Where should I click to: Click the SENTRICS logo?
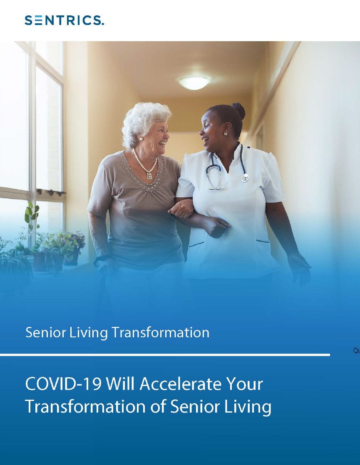[65, 20]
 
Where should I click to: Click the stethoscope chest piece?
[245, 178]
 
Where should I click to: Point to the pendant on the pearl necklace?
[149, 175]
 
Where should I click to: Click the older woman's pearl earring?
[141, 139]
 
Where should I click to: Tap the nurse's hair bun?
[239, 110]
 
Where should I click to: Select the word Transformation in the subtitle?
[160, 332]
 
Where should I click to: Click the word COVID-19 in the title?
[64, 384]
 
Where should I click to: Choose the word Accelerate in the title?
[181, 384]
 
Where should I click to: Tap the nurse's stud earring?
[226, 134]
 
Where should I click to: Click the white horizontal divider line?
[165, 355]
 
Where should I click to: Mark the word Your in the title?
[245, 384]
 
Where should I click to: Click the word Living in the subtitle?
[89, 333]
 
